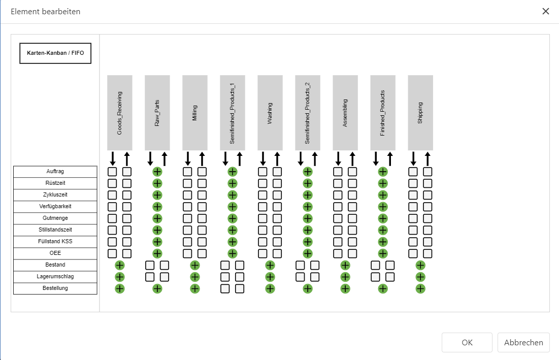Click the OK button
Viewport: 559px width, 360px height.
(467, 342)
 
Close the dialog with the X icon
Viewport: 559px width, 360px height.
(546, 11)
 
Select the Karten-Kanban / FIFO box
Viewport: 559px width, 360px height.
(55, 53)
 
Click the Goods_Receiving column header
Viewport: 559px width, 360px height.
(120, 113)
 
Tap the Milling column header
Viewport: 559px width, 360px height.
(195, 113)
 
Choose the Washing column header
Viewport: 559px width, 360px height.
(270, 113)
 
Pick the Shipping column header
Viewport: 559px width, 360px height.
(420, 113)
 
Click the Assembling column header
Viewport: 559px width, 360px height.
(345, 113)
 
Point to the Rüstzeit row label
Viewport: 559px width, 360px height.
(55, 183)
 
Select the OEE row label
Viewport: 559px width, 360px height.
(55, 253)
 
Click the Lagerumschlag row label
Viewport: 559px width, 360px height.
(55, 277)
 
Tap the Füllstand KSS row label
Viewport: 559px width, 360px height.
(55, 242)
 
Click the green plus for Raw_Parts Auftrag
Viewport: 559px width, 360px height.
(157, 172)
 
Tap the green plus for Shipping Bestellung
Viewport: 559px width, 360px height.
(420, 288)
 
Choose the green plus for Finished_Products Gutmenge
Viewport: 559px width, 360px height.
(383, 218)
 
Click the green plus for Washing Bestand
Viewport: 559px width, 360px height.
(270, 265)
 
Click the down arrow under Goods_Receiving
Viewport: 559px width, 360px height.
(113, 158)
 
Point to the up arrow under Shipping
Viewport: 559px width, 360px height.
(428, 158)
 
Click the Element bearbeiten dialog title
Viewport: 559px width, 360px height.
(46, 11)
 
